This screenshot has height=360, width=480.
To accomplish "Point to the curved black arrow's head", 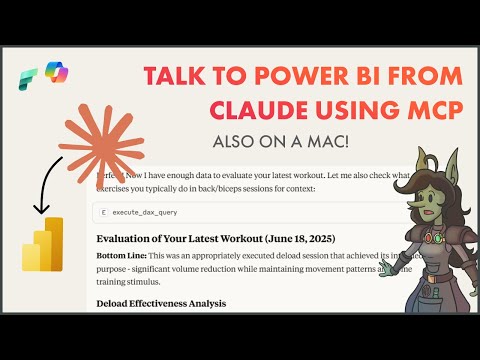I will (40, 209).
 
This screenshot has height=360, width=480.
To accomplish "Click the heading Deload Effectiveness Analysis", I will (160, 303).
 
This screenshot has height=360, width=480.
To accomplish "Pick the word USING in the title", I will (322, 118).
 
